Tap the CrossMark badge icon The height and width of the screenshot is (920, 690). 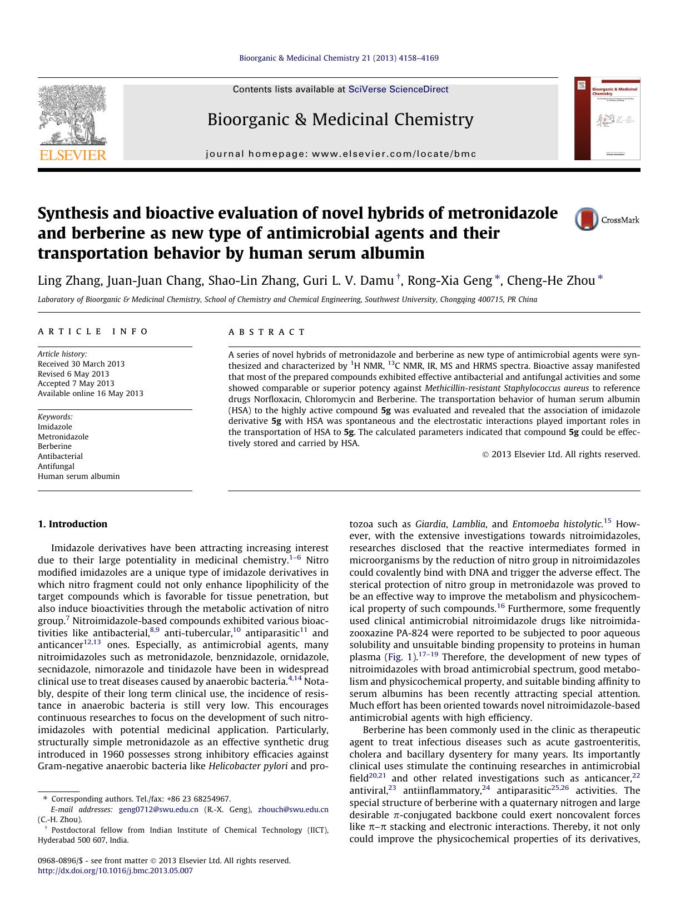(587, 219)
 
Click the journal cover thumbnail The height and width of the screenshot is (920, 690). (607, 118)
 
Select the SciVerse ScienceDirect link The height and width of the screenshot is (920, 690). (398, 90)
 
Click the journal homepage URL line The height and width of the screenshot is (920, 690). (341, 154)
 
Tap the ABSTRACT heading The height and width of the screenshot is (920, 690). (267, 332)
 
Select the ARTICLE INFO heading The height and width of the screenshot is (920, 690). (93, 332)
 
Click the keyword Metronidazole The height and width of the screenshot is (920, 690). (63, 437)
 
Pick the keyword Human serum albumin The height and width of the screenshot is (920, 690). (78, 476)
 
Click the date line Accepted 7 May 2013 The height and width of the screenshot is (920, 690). (76, 383)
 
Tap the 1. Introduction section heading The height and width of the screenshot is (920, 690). (72, 524)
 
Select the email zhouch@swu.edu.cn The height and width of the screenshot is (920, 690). (293, 809)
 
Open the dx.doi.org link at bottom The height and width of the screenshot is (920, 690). (115, 870)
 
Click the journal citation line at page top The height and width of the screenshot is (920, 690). (339, 58)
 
